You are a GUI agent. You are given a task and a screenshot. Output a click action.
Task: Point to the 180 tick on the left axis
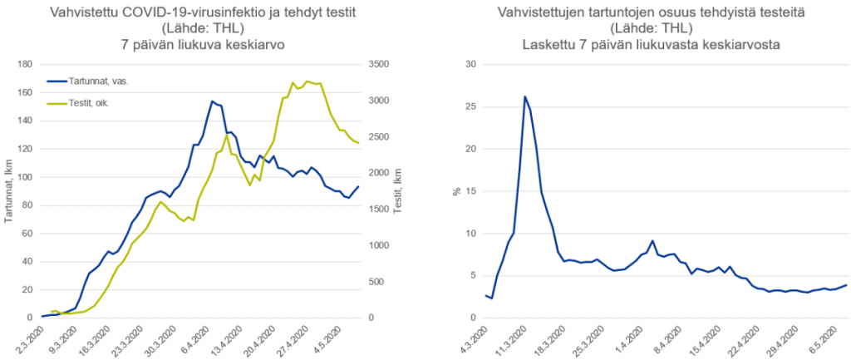tap(27, 65)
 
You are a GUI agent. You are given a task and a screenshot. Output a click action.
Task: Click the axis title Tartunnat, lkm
tap(8, 190)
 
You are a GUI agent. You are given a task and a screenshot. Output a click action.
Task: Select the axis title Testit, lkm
tap(397, 190)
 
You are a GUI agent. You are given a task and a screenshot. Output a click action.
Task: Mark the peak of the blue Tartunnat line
tap(212, 101)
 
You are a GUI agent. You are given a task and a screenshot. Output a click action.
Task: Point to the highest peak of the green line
tap(307, 81)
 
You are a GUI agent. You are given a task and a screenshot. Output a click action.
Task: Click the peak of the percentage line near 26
tap(524, 96)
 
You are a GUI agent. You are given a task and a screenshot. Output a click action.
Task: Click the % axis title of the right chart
tap(458, 190)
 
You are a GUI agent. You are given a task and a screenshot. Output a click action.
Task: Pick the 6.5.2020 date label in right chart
tap(826, 340)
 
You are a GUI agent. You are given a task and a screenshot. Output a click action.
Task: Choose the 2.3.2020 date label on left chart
tap(31, 340)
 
